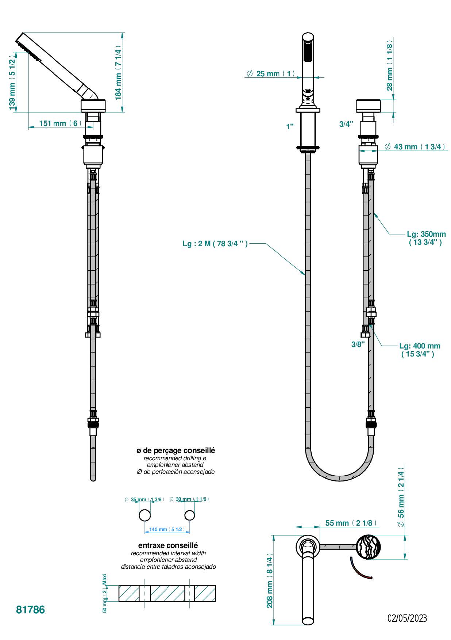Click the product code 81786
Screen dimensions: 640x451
[x=30, y=610]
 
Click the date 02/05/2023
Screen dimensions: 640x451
[x=407, y=618]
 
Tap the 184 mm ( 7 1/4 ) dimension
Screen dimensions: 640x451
[x=118, y=73]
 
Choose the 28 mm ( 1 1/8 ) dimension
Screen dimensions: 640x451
[x=390, y=67]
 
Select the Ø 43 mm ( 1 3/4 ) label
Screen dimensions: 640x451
[x=415, y=147]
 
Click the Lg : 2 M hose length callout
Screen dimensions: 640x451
[x=215, y=244]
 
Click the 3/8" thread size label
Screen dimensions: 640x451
[x=358, y=344]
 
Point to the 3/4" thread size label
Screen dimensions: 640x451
[x=346, y=124]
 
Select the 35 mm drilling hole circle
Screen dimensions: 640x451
[x=145, y=515]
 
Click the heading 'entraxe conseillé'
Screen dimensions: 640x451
[x=168, y=545]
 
